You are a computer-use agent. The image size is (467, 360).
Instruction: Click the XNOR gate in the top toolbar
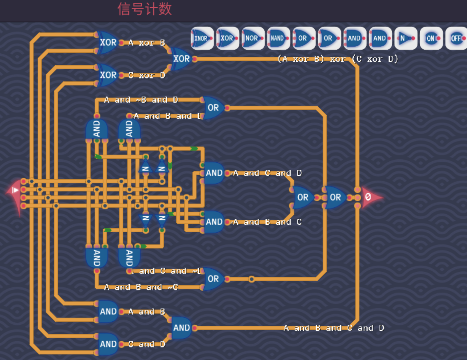pos(202,38)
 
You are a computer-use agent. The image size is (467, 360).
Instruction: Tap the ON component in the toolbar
pos(431,38)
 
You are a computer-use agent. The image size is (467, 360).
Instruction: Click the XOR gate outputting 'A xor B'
pos(108,42)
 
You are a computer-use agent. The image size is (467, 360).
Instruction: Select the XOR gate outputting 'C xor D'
pos(108,75)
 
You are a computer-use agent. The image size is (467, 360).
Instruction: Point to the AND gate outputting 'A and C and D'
pos(214,173)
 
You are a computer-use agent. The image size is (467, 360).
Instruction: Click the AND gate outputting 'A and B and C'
pos(214,222)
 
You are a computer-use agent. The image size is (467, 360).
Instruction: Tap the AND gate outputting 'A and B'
pos(108,311)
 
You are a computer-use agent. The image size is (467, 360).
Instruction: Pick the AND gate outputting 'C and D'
pos(108,344)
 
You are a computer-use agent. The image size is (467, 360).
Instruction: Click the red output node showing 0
pos(370,197)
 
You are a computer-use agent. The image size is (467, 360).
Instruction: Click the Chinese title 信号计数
pos(145,9)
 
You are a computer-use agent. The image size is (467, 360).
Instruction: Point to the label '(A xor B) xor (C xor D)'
pos(337,59)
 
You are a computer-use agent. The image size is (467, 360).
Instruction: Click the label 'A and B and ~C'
pos(141,287)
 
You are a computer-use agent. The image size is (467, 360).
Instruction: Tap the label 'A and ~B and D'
pos(141,100)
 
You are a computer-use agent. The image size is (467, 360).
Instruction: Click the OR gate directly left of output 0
pos(335,197)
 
